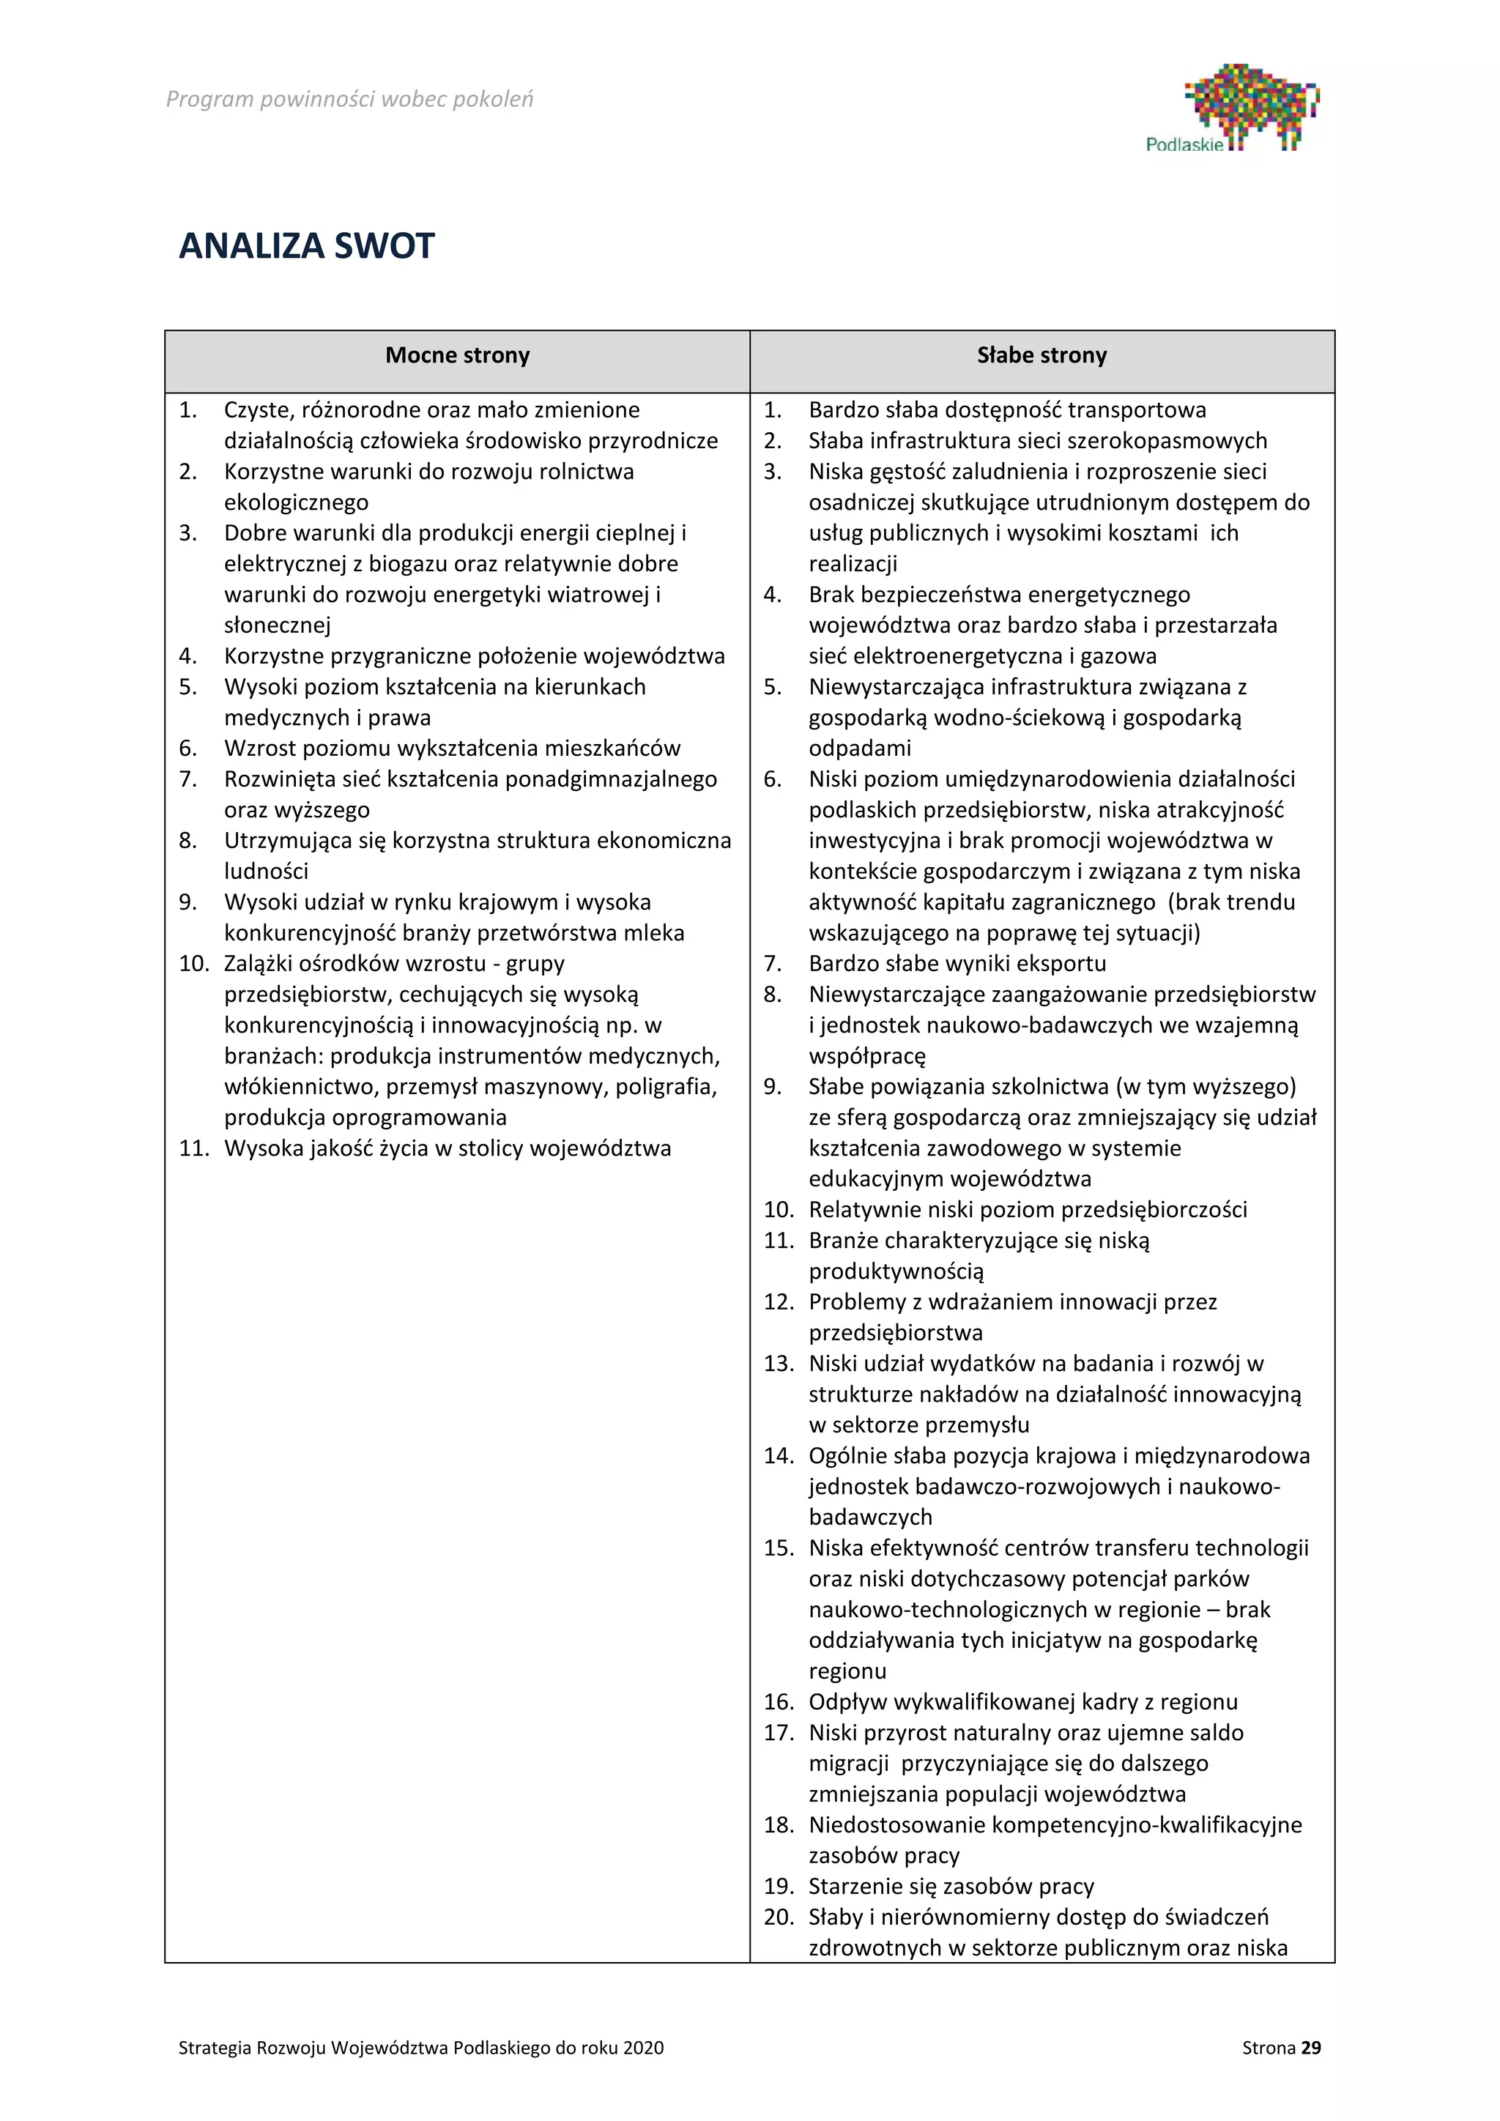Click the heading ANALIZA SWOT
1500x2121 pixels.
click(x=307, y=246)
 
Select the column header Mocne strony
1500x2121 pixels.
click(x=457, y=356)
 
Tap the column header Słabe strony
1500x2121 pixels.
click(x=1042, y=356)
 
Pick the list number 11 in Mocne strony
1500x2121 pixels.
click(x=194, y=1148)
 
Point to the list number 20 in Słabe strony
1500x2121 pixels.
click(x=779, y=1917)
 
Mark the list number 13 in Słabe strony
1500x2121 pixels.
click(x=779, y=1364)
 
